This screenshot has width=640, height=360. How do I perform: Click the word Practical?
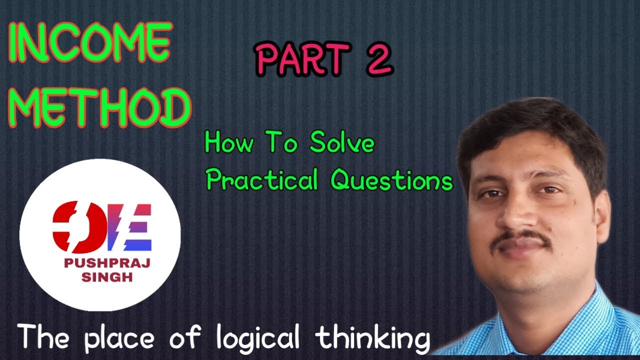262,180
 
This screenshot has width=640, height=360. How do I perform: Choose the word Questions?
391,180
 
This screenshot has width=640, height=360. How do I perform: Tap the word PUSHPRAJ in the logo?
100,263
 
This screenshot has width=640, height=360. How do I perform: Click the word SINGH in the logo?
100,277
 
